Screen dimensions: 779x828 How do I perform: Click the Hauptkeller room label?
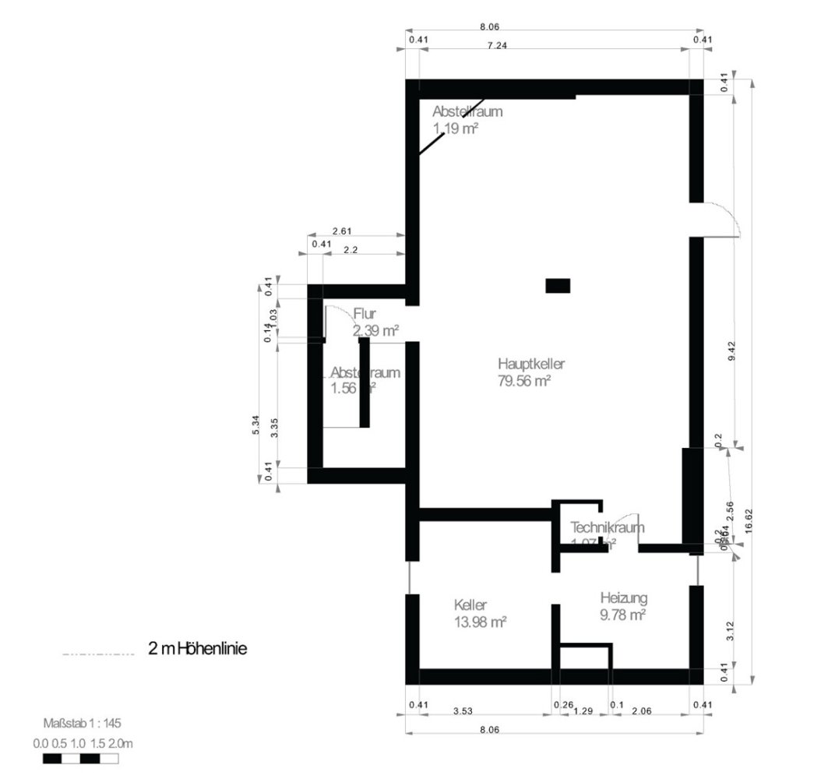530,364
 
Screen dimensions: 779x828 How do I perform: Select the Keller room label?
470,605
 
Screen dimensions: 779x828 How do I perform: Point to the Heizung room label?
624,598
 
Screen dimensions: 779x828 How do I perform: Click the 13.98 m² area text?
480,622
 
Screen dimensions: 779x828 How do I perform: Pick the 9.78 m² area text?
622,615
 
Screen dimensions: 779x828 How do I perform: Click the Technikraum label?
607,527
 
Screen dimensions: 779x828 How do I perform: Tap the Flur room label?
365,314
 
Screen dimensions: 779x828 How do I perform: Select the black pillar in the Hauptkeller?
558,286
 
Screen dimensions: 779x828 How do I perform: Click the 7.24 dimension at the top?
497,46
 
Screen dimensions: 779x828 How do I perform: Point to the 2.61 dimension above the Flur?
342,231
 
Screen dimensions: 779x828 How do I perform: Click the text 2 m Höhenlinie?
197,648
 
